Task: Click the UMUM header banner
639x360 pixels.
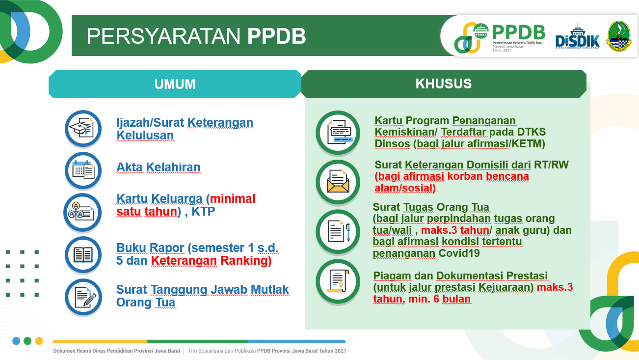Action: click(x=175, y=84)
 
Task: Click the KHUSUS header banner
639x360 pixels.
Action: click(x=444, y=83)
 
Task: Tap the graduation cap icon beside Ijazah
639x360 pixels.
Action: click(x=83, y=129)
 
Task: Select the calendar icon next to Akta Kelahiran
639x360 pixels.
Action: click(x=83, y=170)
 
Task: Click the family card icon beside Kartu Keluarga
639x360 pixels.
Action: click(x=82, y=212)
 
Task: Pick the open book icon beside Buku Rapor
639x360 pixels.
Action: click(x=83, y=255)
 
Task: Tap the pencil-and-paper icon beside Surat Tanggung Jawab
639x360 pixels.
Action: click(x=83, y=297)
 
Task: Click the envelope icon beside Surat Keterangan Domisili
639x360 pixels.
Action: click(x=338, y=182)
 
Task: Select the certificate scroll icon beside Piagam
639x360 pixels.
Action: click(x=338, y=281)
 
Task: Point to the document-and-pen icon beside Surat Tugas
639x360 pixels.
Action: click(x=338, y=231)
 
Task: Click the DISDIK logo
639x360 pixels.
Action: click(x=577, y=36)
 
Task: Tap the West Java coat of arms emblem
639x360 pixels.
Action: click(x=619, y=36)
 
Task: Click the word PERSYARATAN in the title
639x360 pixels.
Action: click(x=163, y=36)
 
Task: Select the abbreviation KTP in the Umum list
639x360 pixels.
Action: click(x=203, y=212)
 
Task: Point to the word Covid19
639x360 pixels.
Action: click(x=459, y=253)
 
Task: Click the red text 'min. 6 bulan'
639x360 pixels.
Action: click(x=439, y=299)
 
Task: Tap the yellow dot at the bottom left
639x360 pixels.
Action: click(x=39, y=341)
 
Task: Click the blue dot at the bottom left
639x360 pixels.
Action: click(x=16, y=341)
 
